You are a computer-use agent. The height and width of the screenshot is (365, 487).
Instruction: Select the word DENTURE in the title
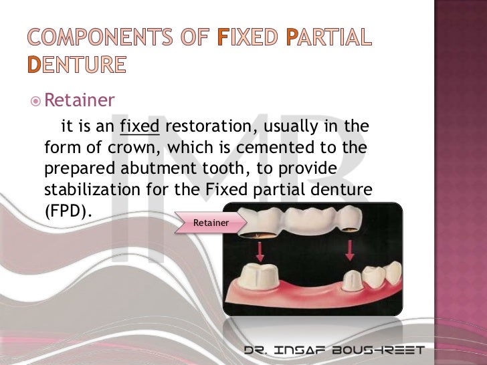coord(76,65)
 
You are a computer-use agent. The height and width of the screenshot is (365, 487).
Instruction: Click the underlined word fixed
coord(139,126)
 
